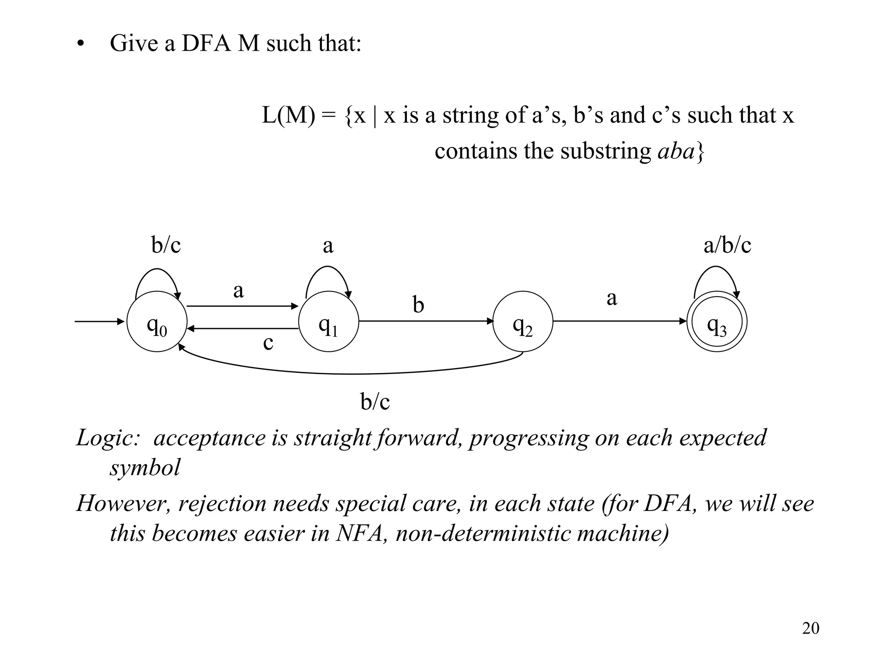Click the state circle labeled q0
tap(157, 322)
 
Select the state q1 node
tap(329, 322)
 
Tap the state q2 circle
tap(523, 322)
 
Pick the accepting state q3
tap(717, 322)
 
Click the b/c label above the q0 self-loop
tap(166, 245)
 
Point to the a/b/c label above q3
tap(727, 245)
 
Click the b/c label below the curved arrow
tap(375, 401)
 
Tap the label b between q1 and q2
tap(418, 305)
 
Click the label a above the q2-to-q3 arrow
tap(612, 298)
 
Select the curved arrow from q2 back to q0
tap(350, 373)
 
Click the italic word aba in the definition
tap(676, 151)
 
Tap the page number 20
tap(810, 628)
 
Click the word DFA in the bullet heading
tap(206, 43)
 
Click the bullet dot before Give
tap(80, 45)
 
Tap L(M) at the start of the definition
tap(288, 115)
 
